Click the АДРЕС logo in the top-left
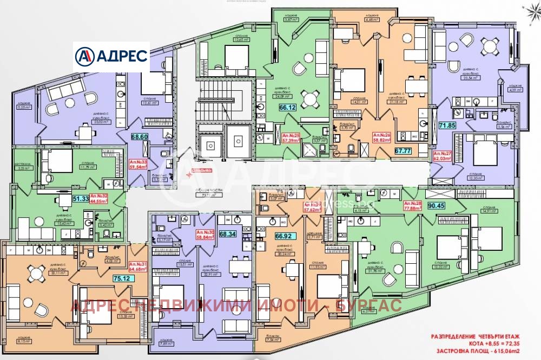coord(112,56)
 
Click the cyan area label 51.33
coord(81,198)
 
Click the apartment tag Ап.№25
coord(292,137)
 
